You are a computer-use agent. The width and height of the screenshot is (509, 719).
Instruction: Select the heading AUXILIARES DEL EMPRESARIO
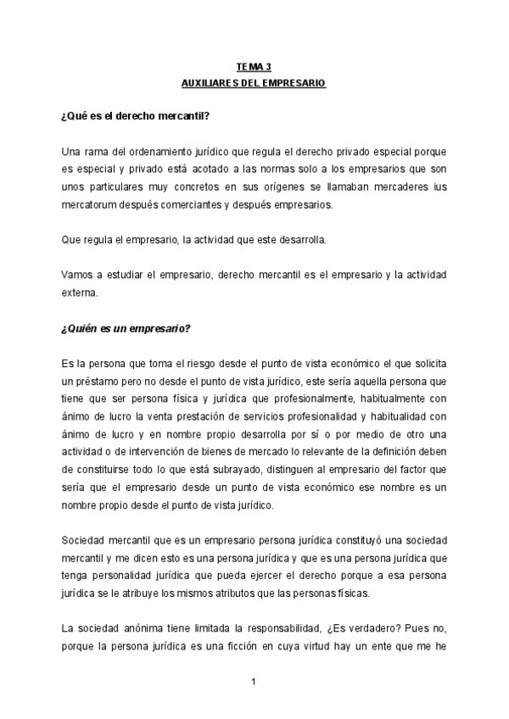point(254,84)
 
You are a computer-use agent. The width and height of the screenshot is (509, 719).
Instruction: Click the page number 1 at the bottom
point(254,681)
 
